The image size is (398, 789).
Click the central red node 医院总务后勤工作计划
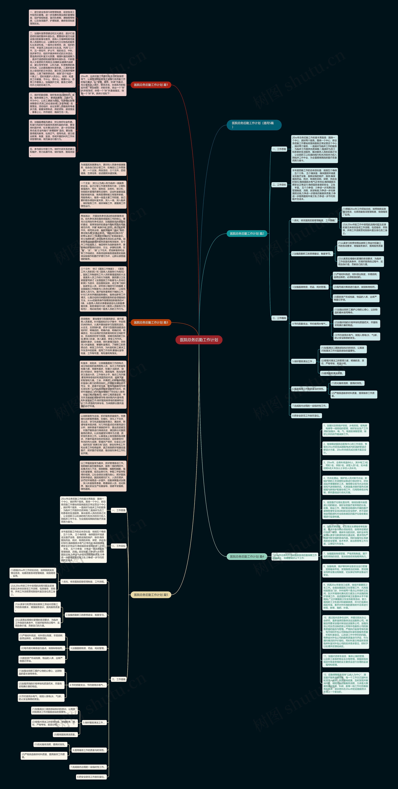(199, 340)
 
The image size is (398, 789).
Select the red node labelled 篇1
(151, 85)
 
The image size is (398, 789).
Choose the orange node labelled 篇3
(151, 322)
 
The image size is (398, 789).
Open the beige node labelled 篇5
(151, 595)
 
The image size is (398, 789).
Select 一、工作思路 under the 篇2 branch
(279, 149)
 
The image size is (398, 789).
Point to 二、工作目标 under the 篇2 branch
(279, 185)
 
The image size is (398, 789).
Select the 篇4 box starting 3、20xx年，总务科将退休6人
(346, 465)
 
